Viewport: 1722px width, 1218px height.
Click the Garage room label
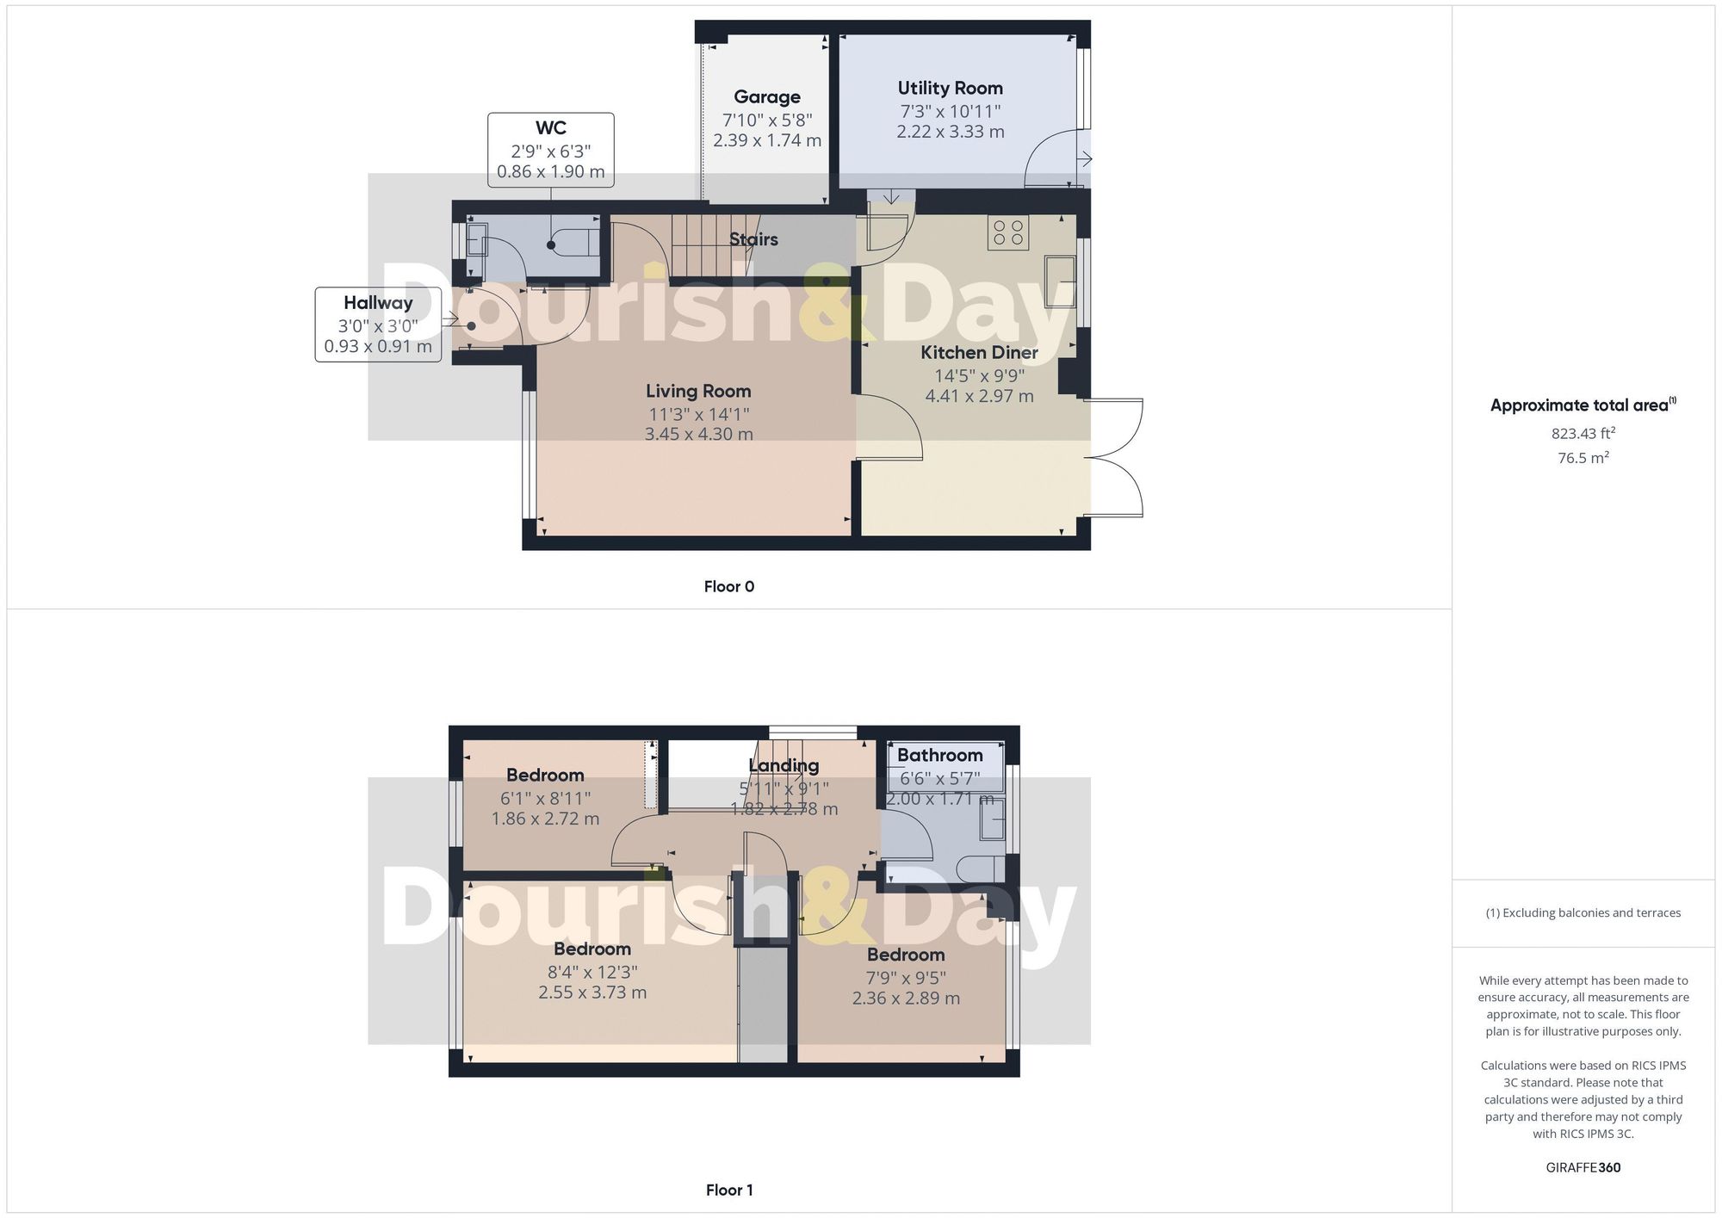766,97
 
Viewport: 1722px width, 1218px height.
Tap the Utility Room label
950,88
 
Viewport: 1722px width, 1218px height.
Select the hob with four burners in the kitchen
1008,232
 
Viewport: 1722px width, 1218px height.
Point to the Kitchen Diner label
979,352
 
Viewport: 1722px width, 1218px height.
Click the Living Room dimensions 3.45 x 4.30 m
698,434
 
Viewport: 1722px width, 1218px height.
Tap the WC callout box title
550,128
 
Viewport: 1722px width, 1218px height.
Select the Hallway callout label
378,303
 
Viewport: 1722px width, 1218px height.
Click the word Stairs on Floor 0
753,239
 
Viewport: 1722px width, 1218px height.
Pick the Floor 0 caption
728,586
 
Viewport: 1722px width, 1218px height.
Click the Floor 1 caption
728,1190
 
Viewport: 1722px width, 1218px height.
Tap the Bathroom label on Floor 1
939,755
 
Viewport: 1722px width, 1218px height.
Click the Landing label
784,765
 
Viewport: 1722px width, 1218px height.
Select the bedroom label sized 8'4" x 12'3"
592,949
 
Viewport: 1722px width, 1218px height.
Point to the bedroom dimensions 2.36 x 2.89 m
906,999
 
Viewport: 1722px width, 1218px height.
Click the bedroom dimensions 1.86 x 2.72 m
545,819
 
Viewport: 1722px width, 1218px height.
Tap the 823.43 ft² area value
1583,434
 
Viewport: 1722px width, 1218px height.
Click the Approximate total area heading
1579,405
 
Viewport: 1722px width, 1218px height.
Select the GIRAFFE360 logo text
1583,1167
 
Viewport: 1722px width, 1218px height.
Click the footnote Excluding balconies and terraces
1583,912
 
